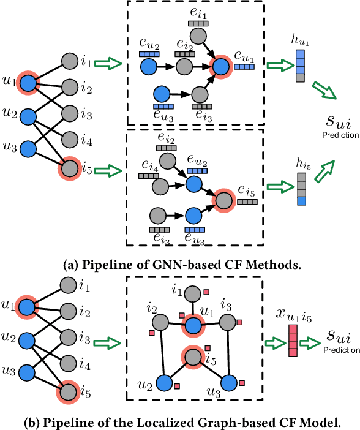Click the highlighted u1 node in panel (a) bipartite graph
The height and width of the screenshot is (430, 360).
tap(27, 81)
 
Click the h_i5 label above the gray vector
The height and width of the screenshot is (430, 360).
tap(300, 162)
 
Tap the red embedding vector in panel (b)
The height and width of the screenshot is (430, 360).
tap(293, 339)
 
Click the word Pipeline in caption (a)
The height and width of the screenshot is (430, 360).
tap(99, 264)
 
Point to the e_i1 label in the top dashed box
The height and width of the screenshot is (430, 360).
tap(197, 10)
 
